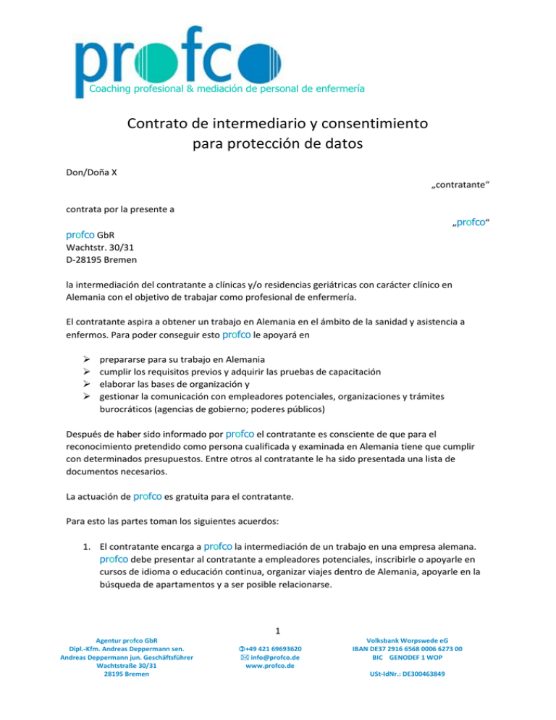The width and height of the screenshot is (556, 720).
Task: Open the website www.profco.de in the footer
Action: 278,666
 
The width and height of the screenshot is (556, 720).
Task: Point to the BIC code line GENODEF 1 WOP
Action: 418,657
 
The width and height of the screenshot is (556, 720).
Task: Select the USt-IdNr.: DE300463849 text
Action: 418,674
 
